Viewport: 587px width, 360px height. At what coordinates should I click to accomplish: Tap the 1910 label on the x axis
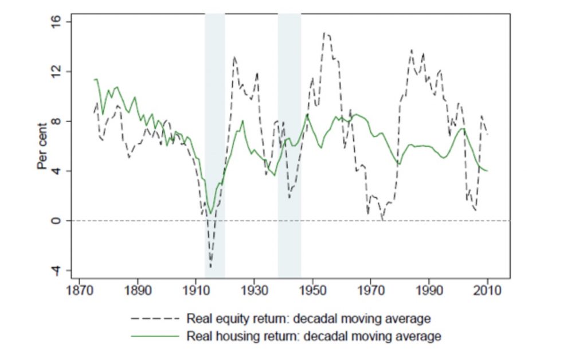pyautogui.click(x=196, y=290)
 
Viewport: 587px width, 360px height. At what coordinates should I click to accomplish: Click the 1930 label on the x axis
pyautogui.click(x=255, y=290)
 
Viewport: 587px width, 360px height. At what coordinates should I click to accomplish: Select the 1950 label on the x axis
pyautogui.click(x=313, y=290)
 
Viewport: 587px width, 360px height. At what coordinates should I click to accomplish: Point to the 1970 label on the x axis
pyautogui.click(x=371, y=290)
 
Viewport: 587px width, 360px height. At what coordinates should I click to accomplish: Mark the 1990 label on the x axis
pyautogui.click(x=429, y=290)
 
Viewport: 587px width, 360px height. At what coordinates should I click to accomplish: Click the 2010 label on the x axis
pyautogui.click(x=487, y=290)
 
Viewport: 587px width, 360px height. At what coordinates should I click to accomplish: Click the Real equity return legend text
pyautogui.click(x=308, y=318)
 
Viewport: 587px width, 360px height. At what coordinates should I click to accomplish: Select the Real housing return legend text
pyautogui.click(x=314, y=336)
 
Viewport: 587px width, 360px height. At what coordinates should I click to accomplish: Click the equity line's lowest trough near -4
pyautogui.click(x=210, y=267)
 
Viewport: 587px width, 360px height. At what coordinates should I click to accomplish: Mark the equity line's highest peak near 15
pyautogui.click(x=324, y=33)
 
